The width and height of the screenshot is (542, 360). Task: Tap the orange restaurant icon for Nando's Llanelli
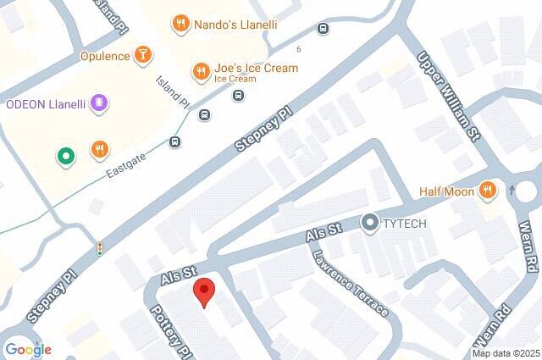click(x=180, y=25)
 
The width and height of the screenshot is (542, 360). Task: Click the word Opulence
click(x=105, y=57)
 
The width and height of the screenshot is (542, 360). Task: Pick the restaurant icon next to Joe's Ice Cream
click(x=201, y=69)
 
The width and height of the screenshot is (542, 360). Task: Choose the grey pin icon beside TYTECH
click(x=369, y=223)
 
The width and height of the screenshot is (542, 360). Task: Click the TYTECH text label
click(x=405, y=224)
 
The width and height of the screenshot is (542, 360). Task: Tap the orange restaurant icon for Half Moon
click(x=487, y=191)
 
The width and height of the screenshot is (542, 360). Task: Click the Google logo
click(x=28, y=349)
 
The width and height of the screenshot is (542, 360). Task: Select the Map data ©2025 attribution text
click(x=506, y=353)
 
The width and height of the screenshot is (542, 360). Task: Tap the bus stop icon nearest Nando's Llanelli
click(x=323, y=29)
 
